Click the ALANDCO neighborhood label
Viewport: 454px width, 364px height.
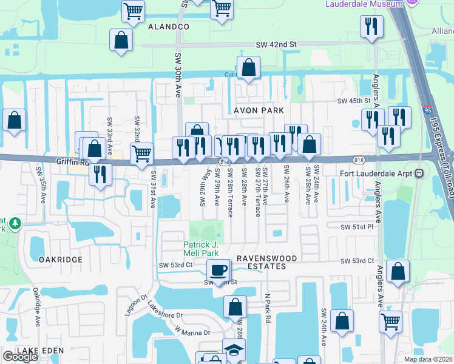168,27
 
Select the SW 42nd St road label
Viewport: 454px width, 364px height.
276,44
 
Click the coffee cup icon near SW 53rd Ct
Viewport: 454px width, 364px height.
218,270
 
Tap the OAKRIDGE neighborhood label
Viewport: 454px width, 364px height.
60,259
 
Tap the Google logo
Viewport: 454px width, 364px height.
21,357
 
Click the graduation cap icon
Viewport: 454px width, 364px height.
233,350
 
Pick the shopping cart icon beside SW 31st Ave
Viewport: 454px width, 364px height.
141,153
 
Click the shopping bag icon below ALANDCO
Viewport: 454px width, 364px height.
121,40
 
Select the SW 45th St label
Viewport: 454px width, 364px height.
354,101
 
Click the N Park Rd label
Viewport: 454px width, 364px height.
267,308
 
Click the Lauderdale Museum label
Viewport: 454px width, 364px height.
364,4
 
